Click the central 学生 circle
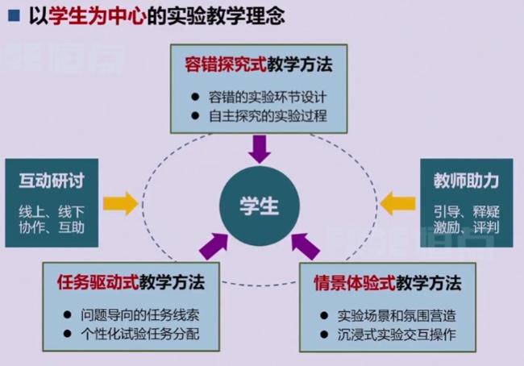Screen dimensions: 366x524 point(260,205)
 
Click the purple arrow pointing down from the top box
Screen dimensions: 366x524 point(260,148)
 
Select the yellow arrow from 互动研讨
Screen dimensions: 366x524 point(120,203)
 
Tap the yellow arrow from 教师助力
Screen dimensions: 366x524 point(397,203)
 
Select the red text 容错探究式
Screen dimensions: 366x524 point(217,64)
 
